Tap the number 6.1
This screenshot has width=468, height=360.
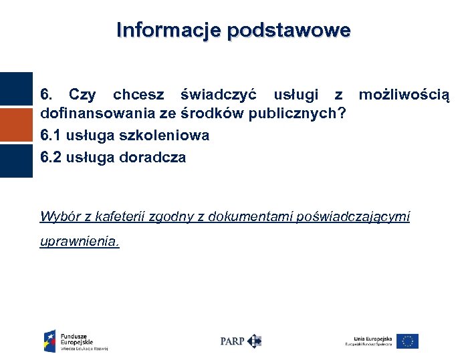[x=52, y=136]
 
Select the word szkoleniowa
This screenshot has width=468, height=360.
[x=164, y=136]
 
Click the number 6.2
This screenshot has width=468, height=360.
[x=52, y=158]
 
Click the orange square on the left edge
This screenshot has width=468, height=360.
[x=15, y=125]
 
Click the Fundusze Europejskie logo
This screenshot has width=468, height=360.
[x=75, y=341]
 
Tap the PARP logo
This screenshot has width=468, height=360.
[x=240, y=341]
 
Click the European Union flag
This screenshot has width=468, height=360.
[x=407, y=341]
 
